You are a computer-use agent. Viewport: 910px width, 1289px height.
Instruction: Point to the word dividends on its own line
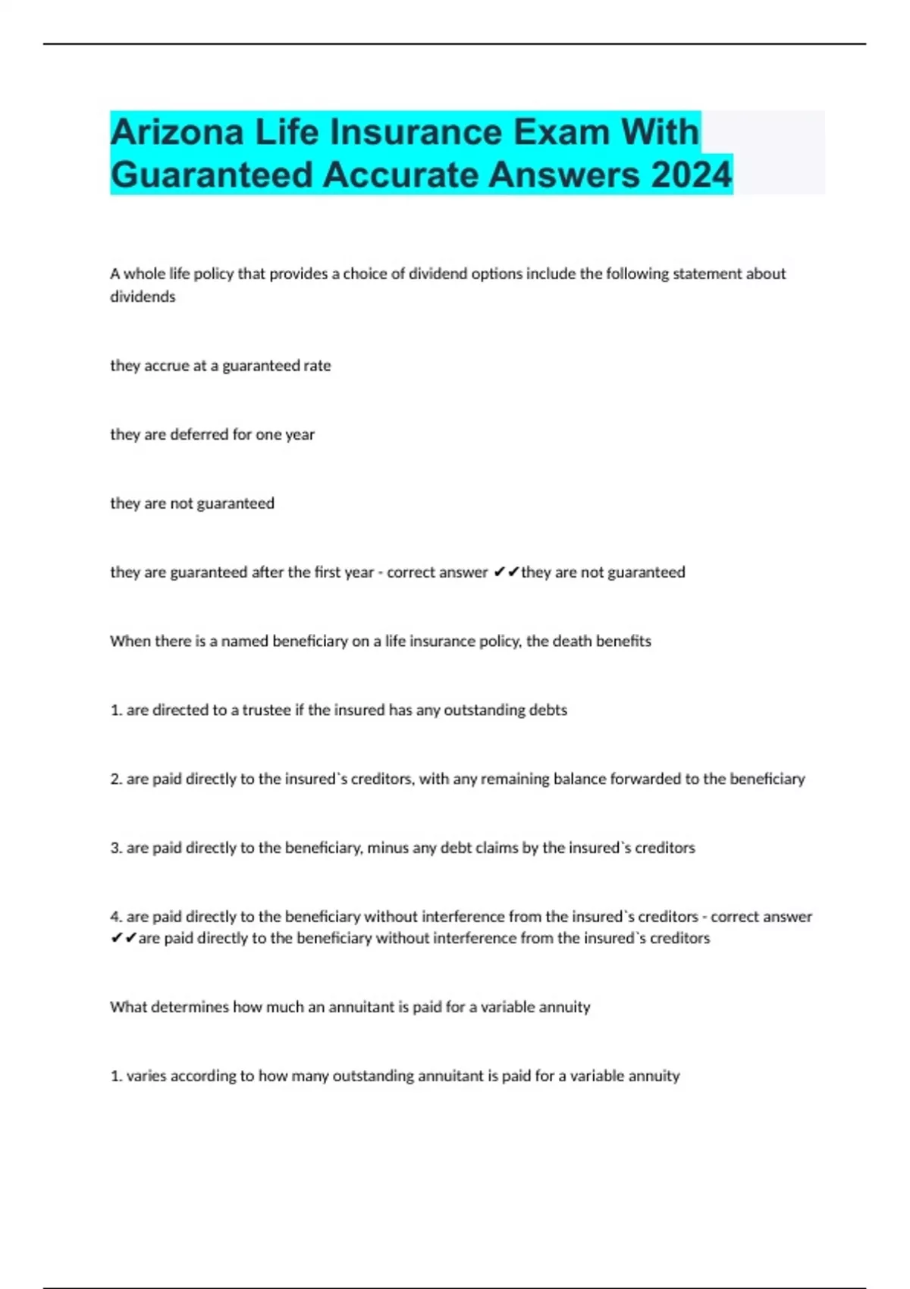pyautogui.click(x=143, y=296)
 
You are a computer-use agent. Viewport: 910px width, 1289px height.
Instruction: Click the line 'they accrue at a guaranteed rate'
pyautogui.click(x=220, y=365)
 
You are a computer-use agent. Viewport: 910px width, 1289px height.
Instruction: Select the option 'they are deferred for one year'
pyautogui.click(x=212, y=434)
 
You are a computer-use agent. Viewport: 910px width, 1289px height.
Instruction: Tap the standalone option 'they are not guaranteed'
pyautogui.click(x=192, y=503)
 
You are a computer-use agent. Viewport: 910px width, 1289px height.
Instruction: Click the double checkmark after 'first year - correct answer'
pyautogui.click(x=506, y=572)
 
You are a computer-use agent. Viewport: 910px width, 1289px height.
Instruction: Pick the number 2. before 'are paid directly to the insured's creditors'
pyautogui.click(x=116, y=779)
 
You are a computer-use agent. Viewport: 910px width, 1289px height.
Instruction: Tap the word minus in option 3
pyautogui.click(x=388, y=848)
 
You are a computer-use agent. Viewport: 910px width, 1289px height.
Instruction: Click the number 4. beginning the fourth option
pyautogui.click(x=116, y=917)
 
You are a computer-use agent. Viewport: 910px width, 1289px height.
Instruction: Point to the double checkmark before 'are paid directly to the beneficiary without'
pyautogui.click(x=124, y=939)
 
